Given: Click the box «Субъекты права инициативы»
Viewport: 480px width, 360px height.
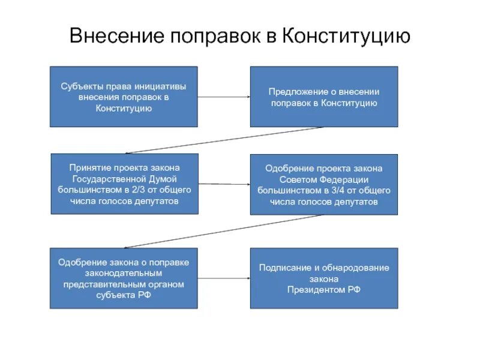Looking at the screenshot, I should coord(123,97).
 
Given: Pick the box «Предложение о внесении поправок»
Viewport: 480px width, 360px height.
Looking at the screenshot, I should coord(323,97).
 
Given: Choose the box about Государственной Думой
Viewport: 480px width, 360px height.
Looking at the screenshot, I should coord(123,184).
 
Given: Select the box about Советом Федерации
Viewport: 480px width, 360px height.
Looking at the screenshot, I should coord(323,184).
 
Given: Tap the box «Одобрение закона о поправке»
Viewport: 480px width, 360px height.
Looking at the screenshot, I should coord(123,278).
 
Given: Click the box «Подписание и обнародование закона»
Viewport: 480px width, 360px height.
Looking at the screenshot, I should coord(323,278).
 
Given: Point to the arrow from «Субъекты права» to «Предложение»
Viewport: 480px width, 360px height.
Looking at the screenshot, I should coord(223,97).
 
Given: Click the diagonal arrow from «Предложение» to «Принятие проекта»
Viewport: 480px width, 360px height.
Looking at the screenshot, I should coord(223,140).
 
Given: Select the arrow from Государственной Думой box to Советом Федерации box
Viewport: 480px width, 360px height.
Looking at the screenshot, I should coord(223,184).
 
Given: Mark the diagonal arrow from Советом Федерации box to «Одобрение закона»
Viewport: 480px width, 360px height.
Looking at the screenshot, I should coord(223,231).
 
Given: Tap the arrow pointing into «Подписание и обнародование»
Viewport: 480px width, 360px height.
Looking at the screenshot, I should coord(223,278).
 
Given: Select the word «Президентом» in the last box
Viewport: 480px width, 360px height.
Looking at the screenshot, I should coord(319,289).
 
